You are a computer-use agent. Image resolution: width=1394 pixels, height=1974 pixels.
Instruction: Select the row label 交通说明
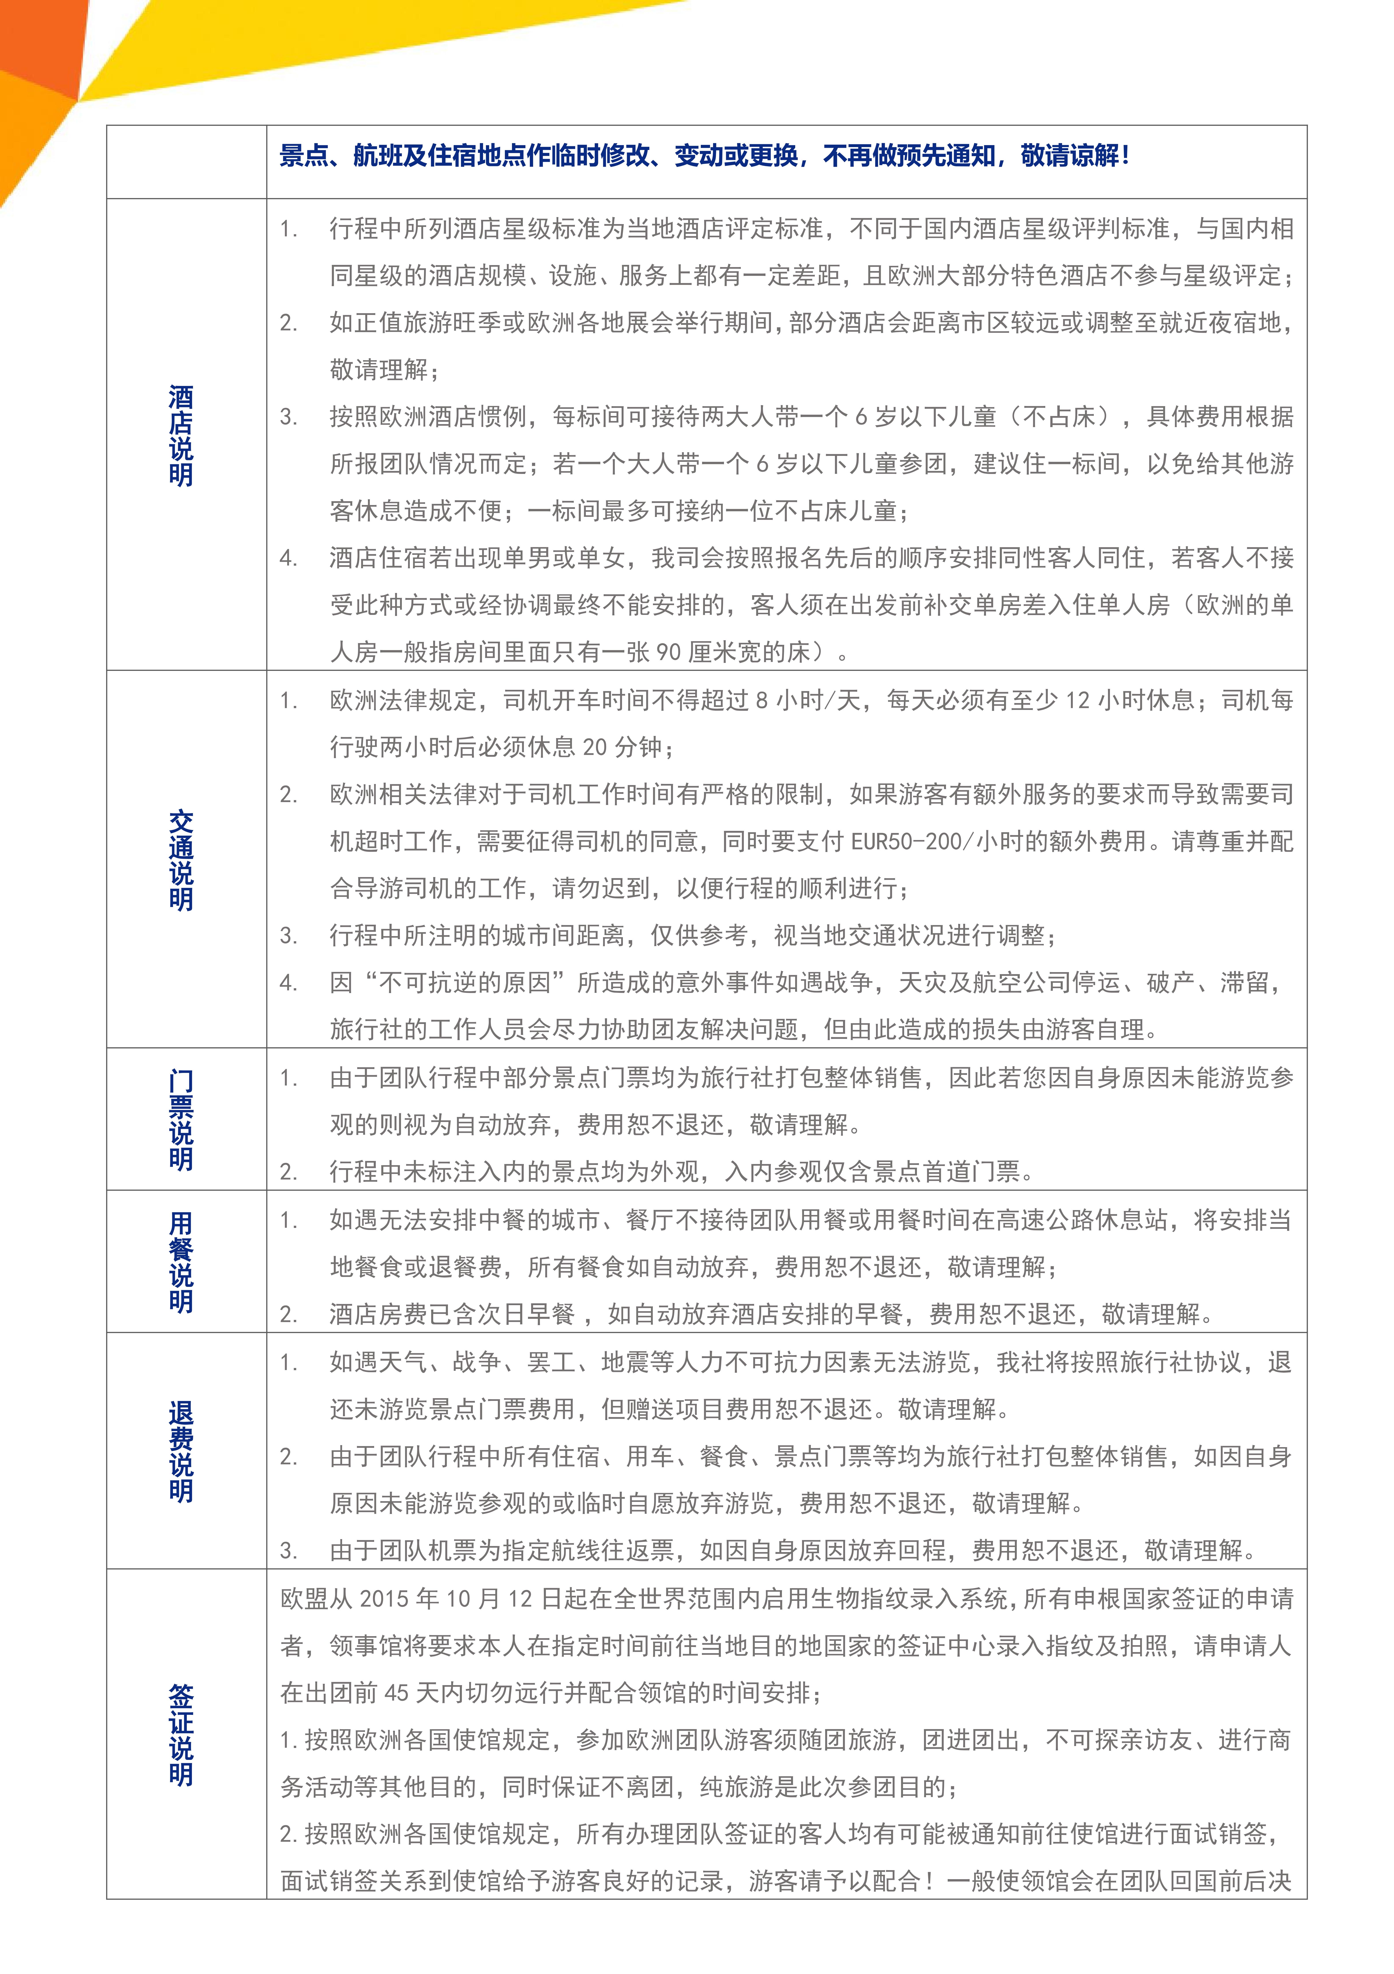(181, 860)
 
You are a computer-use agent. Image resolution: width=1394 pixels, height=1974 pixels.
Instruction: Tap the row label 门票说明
(181, 1119)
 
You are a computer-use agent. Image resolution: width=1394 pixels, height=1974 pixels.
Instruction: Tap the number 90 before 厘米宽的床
(668, 653)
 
